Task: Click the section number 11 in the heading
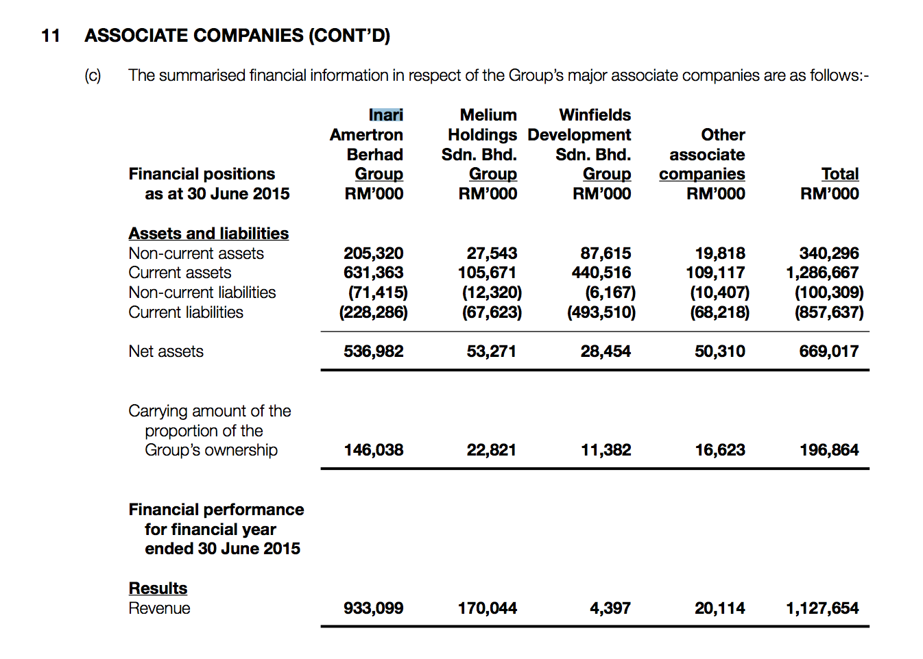coord(51,36)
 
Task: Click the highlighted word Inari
coord(385,115)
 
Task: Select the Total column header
coord(839,174)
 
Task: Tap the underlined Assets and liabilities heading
coord(208,234)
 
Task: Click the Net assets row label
coord(166,351)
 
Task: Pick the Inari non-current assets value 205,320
coord(373,253)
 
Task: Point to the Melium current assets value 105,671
coord(487,273)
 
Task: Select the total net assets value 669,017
coord(828,351)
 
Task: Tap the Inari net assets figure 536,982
coord(373,351)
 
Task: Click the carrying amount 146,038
coord(373,450)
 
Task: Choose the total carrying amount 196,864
coord(828,450)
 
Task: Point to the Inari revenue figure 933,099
coord(373,608)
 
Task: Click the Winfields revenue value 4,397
coord(610,608)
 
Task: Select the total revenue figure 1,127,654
coord(822,608)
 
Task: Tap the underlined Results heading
coord(158,588)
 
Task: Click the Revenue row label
coord(159,608)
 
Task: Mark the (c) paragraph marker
coord(93,75)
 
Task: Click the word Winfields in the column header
coord(595,115)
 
